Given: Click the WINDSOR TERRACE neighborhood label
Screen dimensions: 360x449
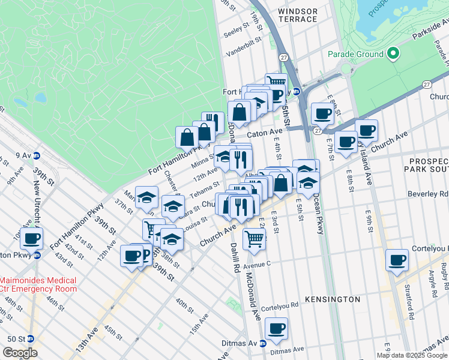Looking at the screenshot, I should click(x=298, y=15).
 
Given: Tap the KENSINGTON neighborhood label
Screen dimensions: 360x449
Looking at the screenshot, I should click(x=333, y=299).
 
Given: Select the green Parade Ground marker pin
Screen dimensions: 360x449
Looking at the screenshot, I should click(x=394, y=54).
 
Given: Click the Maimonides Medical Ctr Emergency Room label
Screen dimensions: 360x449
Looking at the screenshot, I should click(x=38, y=284).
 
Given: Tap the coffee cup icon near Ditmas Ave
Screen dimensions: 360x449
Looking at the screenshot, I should click(x=276, y=329).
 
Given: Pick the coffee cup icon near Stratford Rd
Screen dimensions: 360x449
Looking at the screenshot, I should click(x=397, y=261).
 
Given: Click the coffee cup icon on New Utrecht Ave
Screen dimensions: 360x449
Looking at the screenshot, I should click(x=31, y=239).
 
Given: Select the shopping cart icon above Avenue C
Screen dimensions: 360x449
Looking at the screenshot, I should click(x=255, y=239).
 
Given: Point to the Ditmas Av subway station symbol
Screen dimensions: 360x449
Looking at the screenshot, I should click(x=263, y=343).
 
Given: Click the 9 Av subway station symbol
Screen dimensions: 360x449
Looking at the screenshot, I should click(x=36, y=155).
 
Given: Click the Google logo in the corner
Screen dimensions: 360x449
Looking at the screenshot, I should click(x=20, y=353).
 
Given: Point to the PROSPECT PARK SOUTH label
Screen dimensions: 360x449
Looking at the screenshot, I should click(x=428, y=166).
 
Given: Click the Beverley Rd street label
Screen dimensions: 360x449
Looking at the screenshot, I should click(x=435, y=194).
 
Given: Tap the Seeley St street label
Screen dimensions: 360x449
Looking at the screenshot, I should click(x=237, y=28).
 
